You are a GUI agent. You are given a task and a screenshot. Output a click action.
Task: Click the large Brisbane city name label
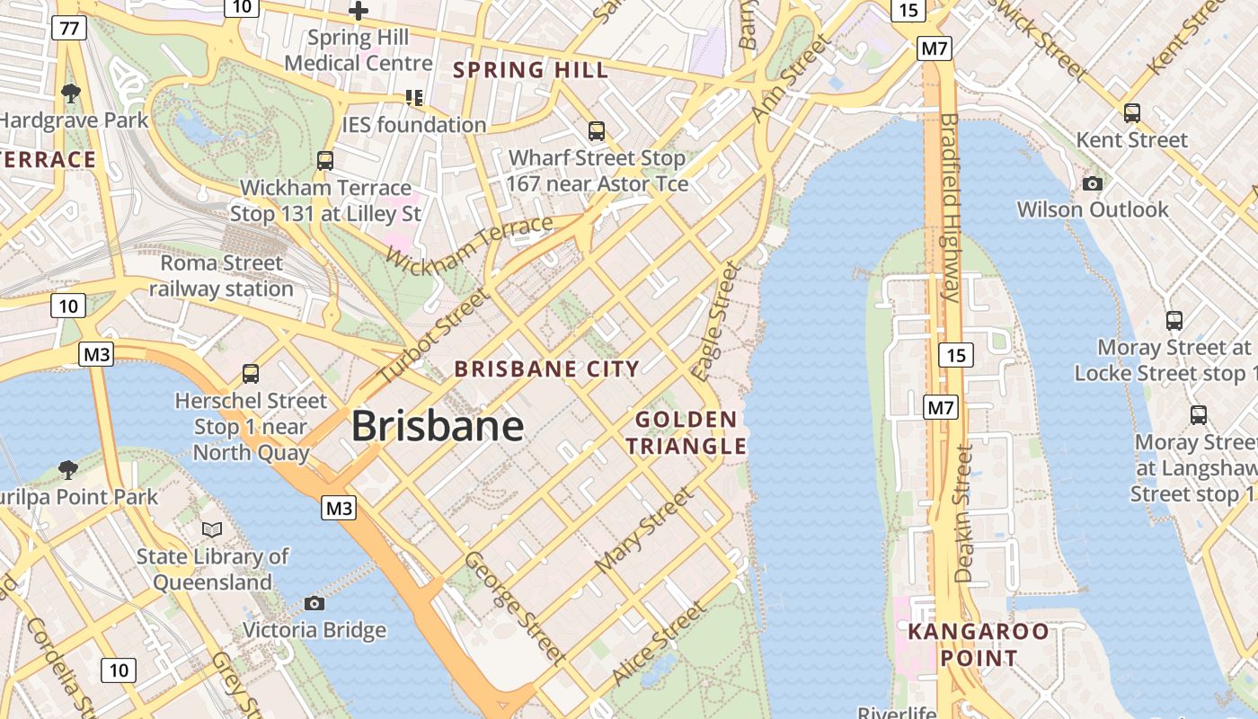(438, 425)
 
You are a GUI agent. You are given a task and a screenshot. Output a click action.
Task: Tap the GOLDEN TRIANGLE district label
(687, 432)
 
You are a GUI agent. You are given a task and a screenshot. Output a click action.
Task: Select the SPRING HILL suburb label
(530, 69)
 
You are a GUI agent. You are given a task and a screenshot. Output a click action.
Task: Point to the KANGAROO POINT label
(979, 644)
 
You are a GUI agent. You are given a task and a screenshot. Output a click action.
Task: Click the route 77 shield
(69, 28)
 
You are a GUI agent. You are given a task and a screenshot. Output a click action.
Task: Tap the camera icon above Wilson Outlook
(1093, 183)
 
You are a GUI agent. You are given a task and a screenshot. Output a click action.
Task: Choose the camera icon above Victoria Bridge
(314, 603)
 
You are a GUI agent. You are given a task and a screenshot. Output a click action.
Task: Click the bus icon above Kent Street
(1132, 113)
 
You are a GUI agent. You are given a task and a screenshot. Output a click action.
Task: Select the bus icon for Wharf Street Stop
(597, 131)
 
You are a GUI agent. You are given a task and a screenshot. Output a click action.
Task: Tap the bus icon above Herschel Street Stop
(251, 373)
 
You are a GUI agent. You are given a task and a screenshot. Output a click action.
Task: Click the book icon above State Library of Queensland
(212, 529)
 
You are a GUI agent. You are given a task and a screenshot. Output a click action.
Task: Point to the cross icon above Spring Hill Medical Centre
(359, 11)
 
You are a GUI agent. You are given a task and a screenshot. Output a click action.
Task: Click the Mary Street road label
(645, 530)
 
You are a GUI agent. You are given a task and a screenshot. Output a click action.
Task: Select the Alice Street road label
(658, 644)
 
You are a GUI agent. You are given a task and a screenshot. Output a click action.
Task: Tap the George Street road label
(515, 608)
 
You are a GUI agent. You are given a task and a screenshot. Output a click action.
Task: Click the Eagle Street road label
(717, 320)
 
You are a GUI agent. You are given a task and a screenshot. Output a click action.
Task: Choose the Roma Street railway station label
(221, 276)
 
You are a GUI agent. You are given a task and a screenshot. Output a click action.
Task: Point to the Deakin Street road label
(964, 514)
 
